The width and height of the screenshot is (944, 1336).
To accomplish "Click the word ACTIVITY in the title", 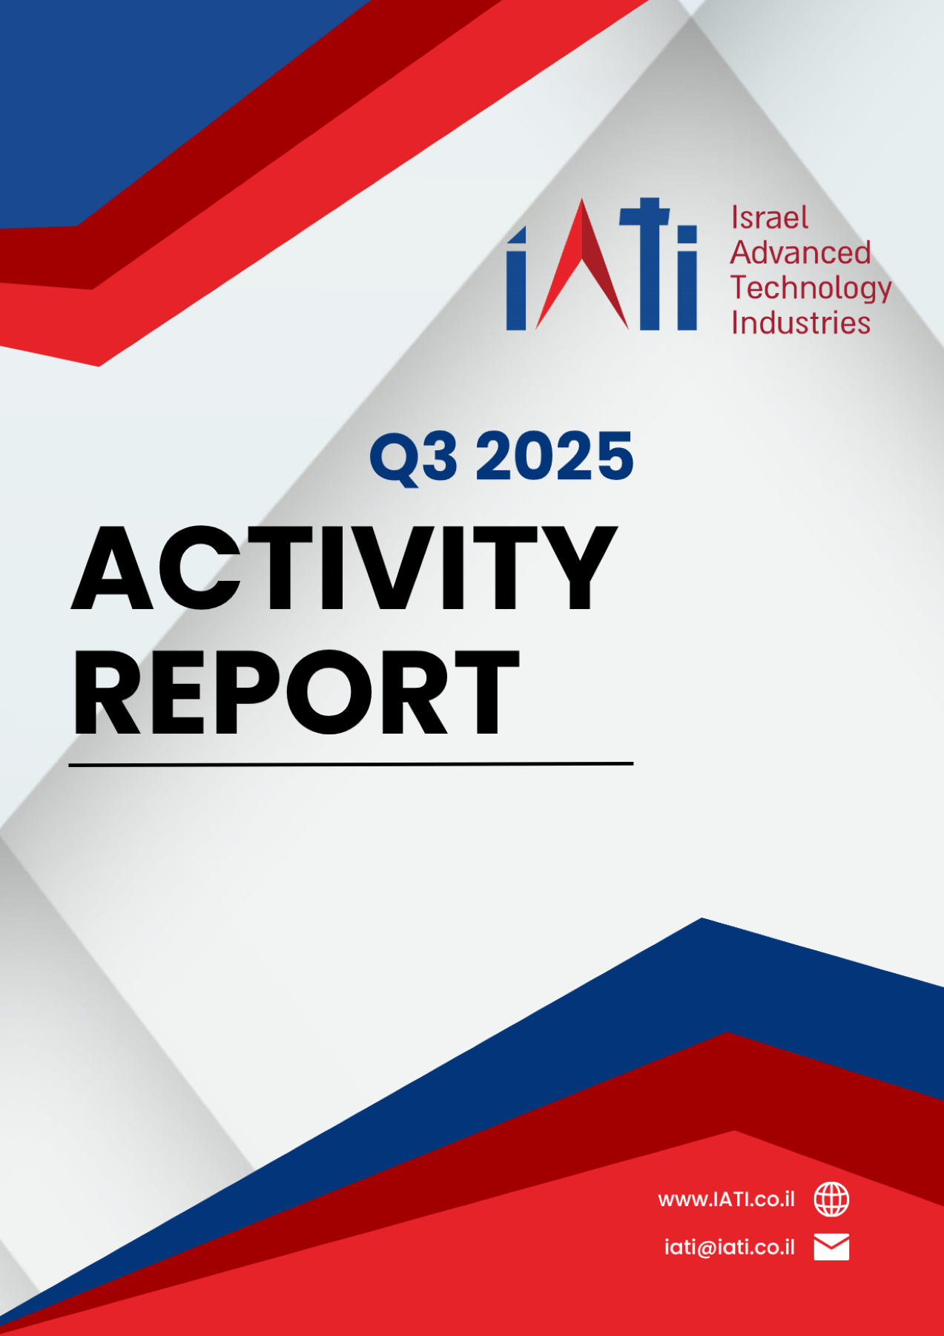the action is [344, 568].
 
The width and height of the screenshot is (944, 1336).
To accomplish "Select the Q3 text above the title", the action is [413, 457].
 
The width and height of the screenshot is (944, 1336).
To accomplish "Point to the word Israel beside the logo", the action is [769, 217].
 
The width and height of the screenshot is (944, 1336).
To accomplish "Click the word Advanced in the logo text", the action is [800, 252].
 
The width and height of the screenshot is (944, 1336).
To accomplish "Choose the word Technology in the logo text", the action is [811, 289].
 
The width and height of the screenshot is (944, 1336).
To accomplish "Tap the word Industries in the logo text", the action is [800, 323].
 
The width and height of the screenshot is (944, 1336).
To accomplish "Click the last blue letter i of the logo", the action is [687, 278].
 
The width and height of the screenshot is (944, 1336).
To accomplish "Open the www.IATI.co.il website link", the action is [726, 1200].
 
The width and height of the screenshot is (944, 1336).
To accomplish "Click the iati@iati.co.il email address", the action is [729, 1247].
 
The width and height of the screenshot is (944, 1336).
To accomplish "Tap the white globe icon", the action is [831, 1200].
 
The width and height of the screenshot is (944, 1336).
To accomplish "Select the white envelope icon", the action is [831, 1247].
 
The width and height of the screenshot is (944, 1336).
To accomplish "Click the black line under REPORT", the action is [351, 763].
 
